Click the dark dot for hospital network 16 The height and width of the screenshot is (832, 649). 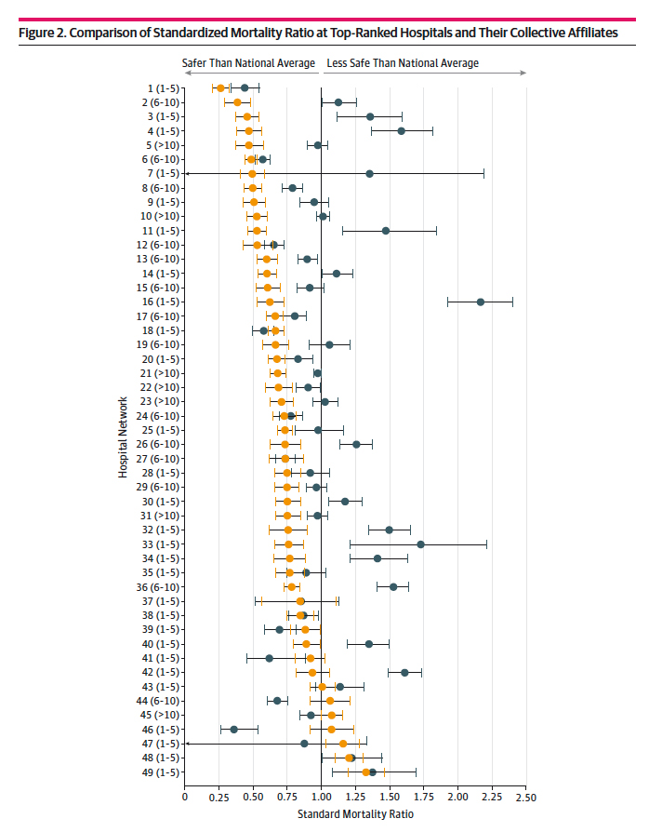[x=481, y=302]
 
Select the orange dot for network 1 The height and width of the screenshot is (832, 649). [x=220, y=88]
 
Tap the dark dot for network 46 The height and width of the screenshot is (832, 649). [x=233, y=729]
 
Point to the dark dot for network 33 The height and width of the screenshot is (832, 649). [x=420, y=543]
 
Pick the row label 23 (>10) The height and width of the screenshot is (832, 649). [x=160, y=402]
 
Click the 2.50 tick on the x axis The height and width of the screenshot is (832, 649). [x=525, y=798]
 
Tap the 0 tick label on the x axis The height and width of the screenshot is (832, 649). [x=185, y=798]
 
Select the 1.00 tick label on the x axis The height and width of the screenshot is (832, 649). [x=321, y=798]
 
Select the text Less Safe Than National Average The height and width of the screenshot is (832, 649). [x=402, y=63]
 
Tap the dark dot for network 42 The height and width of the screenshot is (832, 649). [x=404, y=672]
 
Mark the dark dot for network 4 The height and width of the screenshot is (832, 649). [x=401, y=131]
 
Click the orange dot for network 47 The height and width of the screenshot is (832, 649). [x=343, y=744]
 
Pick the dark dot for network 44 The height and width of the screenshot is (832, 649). [x=276, y=701]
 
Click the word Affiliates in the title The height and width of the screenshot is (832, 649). [x=589, y=33]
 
